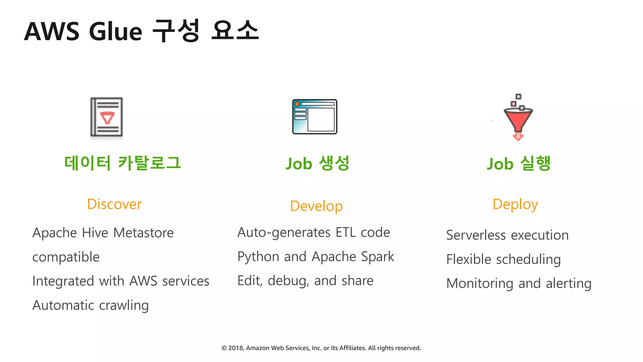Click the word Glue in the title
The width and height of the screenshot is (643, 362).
pyautogui.click(x=116, y=31)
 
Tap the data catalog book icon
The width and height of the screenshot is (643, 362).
pyautogui.click(x=106, y=117)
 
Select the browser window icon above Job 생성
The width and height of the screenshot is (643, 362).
pyautogui.click(x=315, y=117)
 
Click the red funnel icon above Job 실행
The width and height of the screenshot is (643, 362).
pyautogui.click(x=518, y=118)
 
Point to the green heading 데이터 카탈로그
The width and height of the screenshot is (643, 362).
pyautogui.click(x=122, y=163)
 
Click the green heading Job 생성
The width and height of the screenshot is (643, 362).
pyautogui.click(x=317, y=163)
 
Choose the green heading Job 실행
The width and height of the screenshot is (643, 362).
pyautogui.click(x=519, y=163)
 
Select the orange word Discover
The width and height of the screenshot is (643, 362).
pyautogui.click(x=114, y=204)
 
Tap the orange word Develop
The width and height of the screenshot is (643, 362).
pyautogui.click(x=316, y=206)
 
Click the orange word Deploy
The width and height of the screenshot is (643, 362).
pyautogui.click(x=515, y=204)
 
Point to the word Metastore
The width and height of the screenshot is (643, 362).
pyautogui.click(x=143, y=233)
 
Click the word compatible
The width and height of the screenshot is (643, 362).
pyautogui.click(x=66, y=257)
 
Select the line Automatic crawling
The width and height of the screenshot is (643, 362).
pyautogui.click(x=90, y=305)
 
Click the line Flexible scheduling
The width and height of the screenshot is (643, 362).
pyautogui.click(x=503, y=260)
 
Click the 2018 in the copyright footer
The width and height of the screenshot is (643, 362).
pyautogui.click(x=235, y=348)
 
